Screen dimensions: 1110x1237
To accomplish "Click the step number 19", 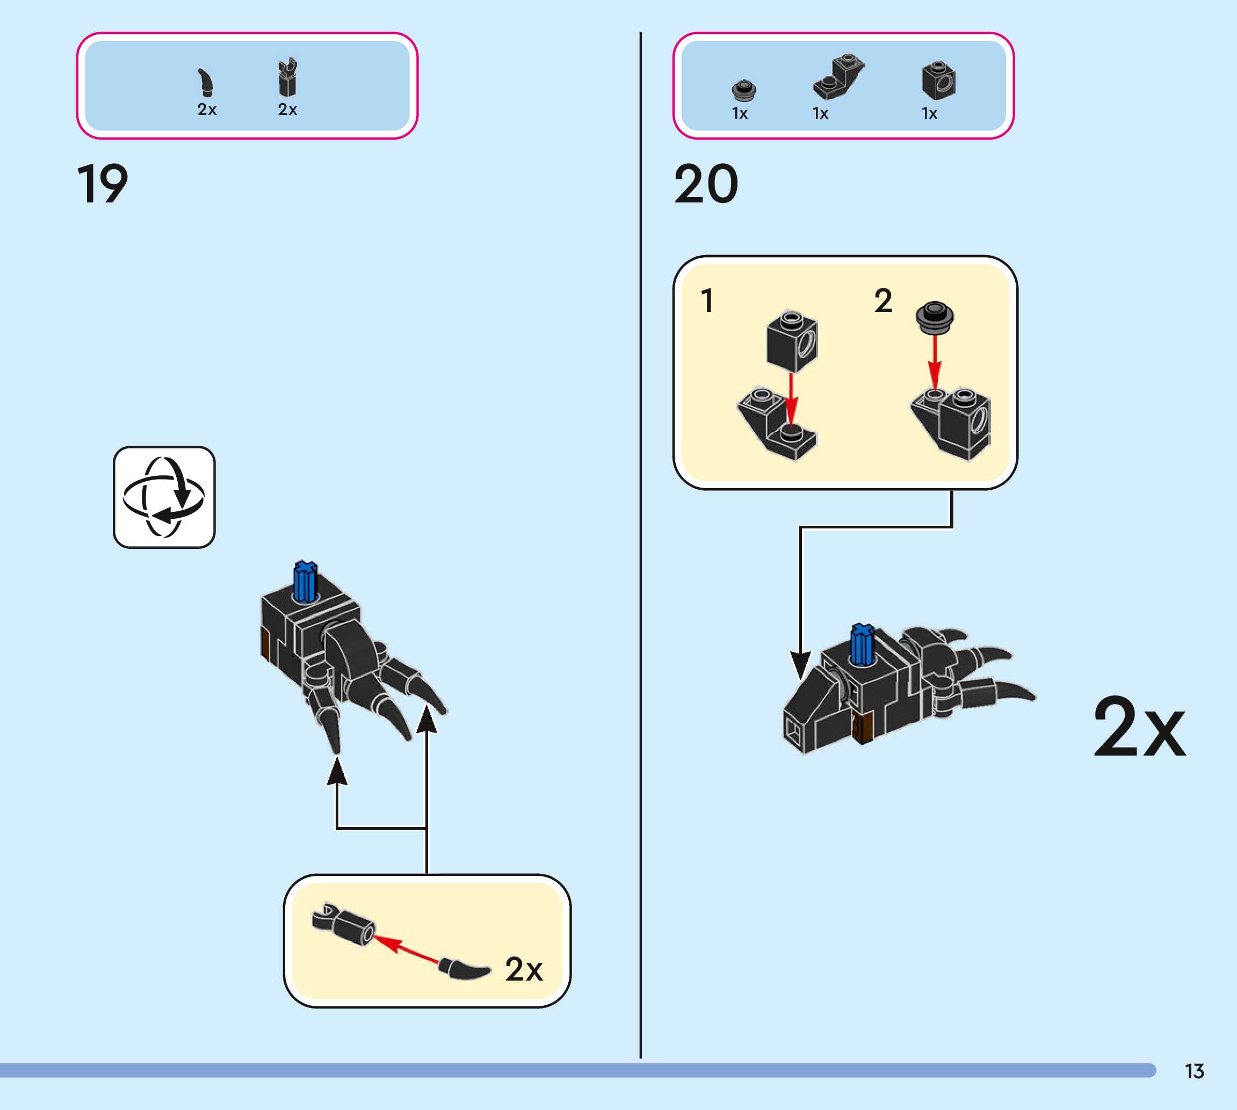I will [103, 184].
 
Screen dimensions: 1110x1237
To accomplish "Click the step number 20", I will [706, 184].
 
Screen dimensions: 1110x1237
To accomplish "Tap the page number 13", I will [1195, 1071].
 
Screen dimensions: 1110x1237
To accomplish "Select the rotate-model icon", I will [164, 497].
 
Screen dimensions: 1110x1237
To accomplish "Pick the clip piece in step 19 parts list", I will [287, 77].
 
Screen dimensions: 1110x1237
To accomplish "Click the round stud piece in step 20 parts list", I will [743, 90].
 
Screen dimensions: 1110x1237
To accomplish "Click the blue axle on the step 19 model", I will [305, 581].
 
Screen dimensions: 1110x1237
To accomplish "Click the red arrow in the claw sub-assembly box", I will [405, 949].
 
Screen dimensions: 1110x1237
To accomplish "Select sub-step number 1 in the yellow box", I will [707, 301].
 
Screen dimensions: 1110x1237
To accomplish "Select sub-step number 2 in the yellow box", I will [882, 301].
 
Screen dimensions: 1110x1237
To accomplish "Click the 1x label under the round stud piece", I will [740, 113].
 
